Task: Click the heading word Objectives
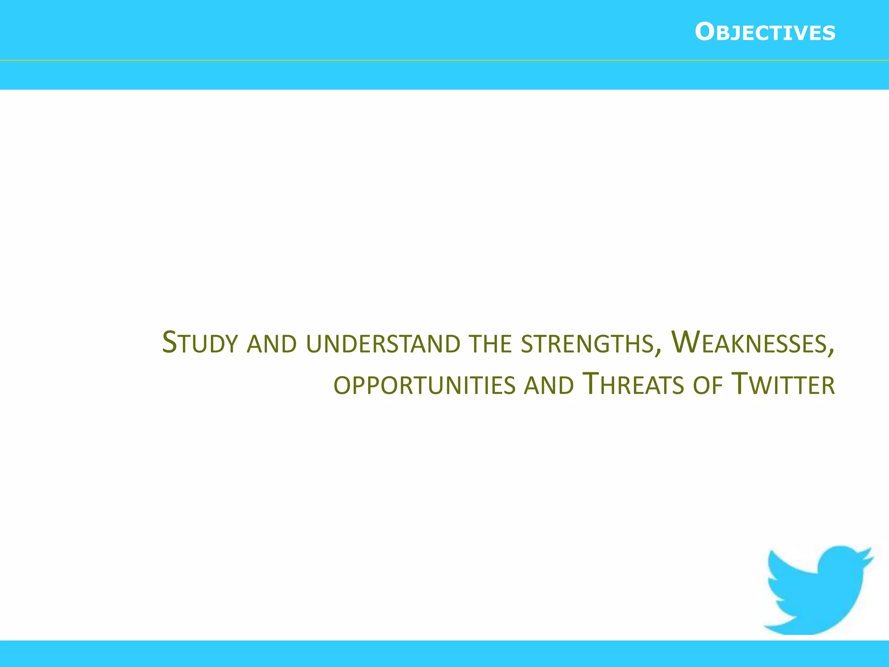click(765, 33)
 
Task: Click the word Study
click(200, 343)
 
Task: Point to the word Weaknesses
click(748, 343)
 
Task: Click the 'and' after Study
click(271, 343)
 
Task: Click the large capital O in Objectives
click(705, 33)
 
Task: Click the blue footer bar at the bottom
click(444, 654)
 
